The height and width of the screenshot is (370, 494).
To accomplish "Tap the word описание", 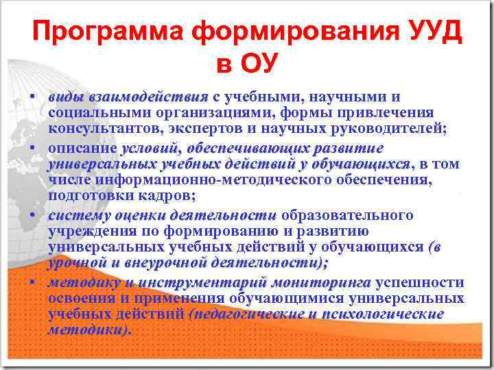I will click(x=82, y=148).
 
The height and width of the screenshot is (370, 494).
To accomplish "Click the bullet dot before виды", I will click(x=32, y=97).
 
